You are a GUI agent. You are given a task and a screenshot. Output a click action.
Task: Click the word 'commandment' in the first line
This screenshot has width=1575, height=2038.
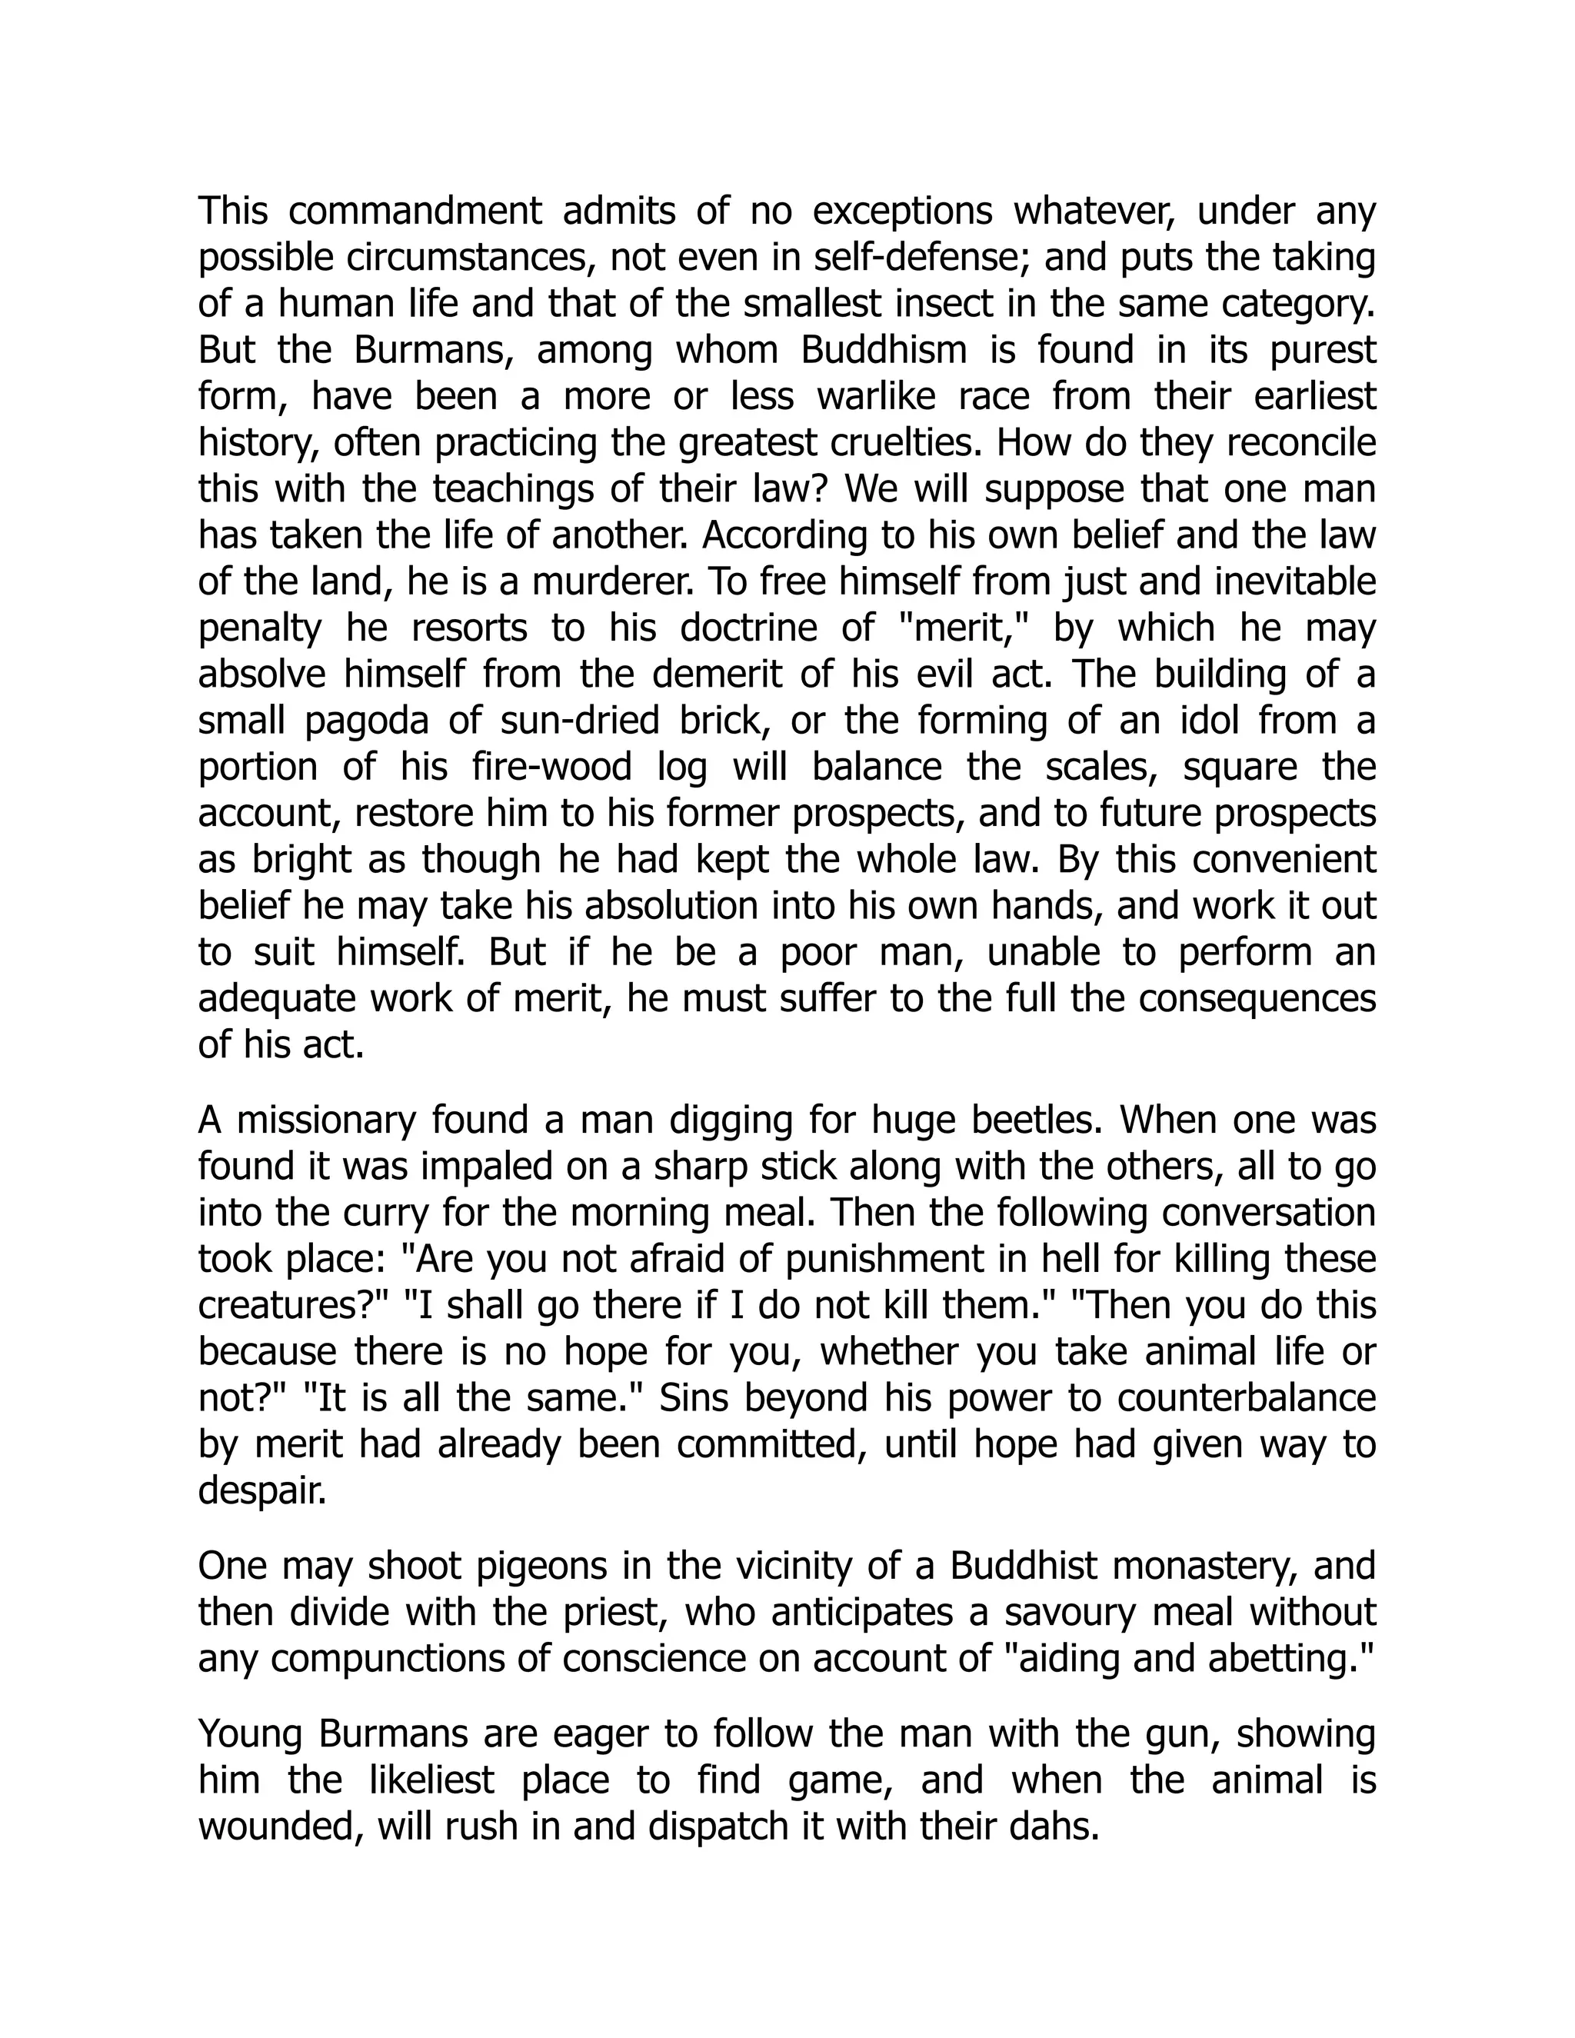(x=415, y=211)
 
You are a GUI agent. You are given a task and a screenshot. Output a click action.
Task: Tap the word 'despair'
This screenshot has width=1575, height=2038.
(x=262, y=1491)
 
